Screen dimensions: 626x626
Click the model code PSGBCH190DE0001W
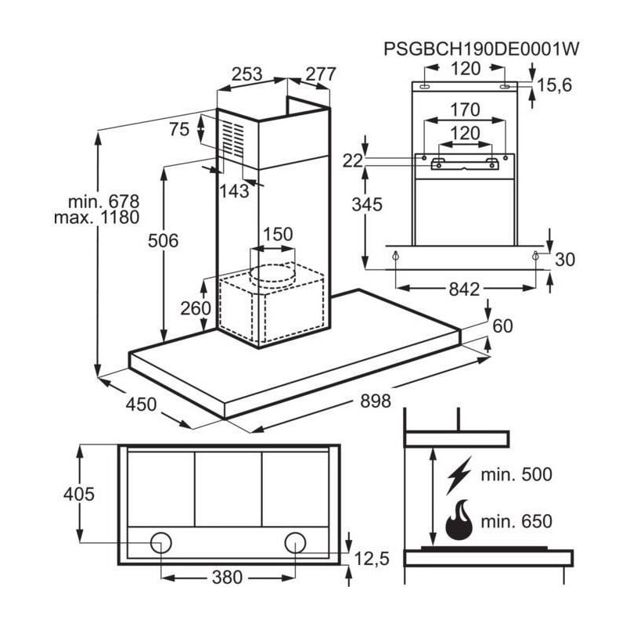[x=480, y=49]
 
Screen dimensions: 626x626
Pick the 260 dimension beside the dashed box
[x=196, y=308]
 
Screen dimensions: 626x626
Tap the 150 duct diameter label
[x=277, y=234]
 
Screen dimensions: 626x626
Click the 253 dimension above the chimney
[x=247, y=74]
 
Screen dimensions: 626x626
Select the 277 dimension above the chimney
[x=320, y=74]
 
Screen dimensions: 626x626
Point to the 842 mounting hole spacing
[x=464, y=290]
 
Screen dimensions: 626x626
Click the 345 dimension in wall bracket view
[x=366, y=205]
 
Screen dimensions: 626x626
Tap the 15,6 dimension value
[x=556, y=85]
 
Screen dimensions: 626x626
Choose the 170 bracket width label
[x=466, y=110]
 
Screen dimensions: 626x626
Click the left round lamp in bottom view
[x=163, y=541]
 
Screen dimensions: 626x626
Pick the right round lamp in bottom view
[x=295, y=541]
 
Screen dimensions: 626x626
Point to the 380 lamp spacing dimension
[x=227, y=578]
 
